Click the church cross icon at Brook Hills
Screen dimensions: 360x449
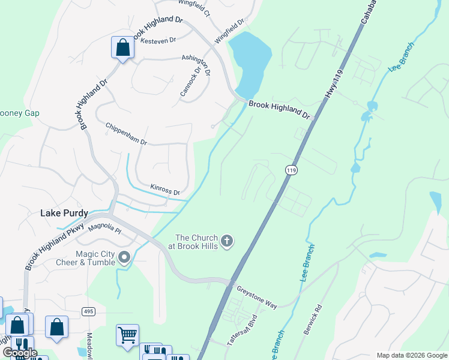point(227,241)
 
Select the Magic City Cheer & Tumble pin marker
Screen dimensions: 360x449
point(124,258)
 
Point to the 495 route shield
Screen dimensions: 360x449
point(89,311)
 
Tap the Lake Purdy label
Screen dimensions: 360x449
point(64,213)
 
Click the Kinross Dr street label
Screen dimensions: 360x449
point(165,190)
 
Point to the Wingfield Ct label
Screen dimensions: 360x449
point(196,8)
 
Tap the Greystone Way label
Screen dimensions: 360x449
point(256,296)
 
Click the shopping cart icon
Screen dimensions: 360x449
point(128,335)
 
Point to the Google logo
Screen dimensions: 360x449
point(20,353)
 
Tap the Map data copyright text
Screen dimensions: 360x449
point(411,355)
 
